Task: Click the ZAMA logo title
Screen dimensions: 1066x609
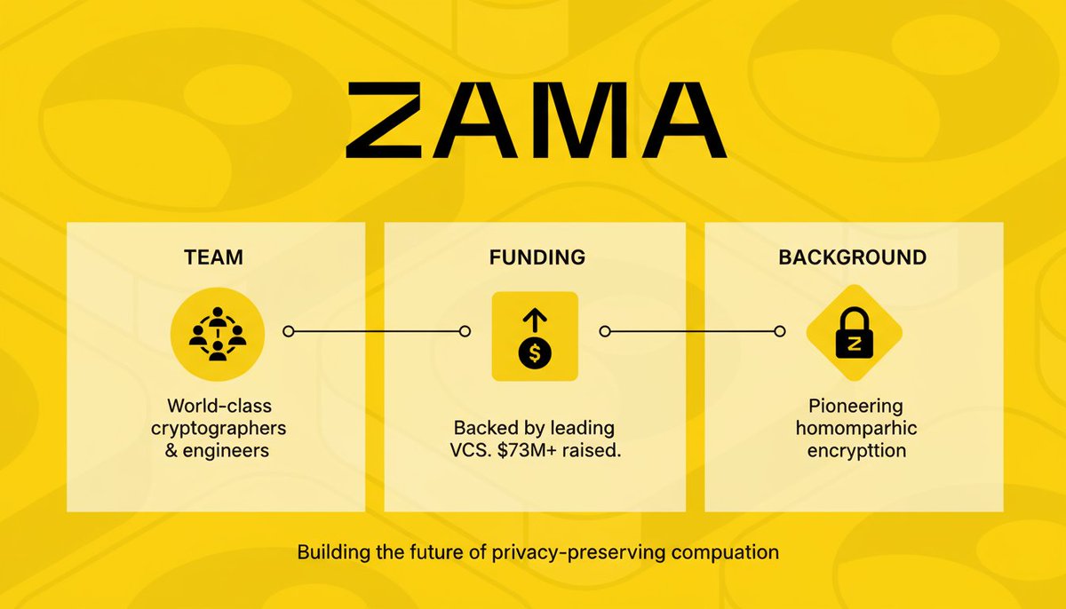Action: (x=536, y=119)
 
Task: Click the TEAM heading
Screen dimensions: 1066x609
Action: (x=213, y=257)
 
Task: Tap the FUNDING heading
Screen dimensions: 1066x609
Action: (x=537, y=257)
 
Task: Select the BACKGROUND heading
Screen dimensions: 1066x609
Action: (x=853, y=257)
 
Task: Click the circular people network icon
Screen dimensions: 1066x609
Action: (x=217, y=332)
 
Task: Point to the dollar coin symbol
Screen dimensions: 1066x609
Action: (x=535, y=353)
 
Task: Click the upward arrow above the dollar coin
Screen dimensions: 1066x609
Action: (x=535, y=320)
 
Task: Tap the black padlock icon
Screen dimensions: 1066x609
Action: (x=854, y=335)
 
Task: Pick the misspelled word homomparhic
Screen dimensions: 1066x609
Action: (x=857, y=428)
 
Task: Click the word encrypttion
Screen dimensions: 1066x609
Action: (x=857, y=450)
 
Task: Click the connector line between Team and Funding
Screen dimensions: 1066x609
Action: (x=377, y=331)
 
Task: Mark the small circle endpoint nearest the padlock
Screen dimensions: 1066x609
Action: (x=779, y=331)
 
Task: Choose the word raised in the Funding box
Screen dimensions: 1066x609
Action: (x=594, y=450)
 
